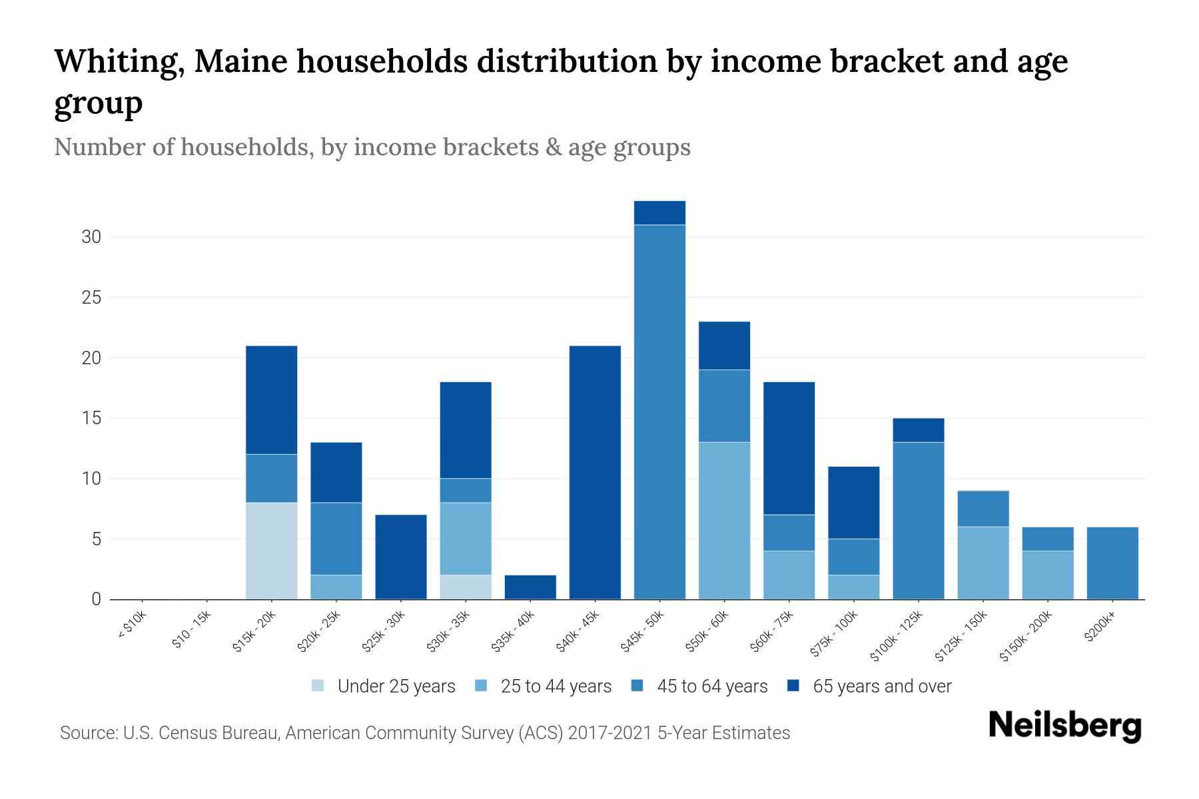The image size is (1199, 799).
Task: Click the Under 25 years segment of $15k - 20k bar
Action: point(271,551)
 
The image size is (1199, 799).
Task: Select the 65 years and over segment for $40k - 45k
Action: point(595,473)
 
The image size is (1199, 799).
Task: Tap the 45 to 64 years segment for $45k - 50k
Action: point(659,412)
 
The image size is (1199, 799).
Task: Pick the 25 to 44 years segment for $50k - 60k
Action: point(724,521)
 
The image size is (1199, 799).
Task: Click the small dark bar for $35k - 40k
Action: point(530,587)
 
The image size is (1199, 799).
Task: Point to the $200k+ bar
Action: point(1112,563)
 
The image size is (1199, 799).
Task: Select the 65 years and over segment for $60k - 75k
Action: point(789,448)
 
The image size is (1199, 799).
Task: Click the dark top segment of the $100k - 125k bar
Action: point(918,430)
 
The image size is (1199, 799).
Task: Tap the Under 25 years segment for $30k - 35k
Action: point(466,587)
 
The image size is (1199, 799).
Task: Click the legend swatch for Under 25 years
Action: point(318,686)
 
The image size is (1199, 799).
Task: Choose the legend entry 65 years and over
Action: point(882,686)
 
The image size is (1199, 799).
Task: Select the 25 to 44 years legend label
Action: point(556,686)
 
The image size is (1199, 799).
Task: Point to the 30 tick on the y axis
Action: point(91,237)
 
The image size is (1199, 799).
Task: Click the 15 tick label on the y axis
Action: point(91,418)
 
